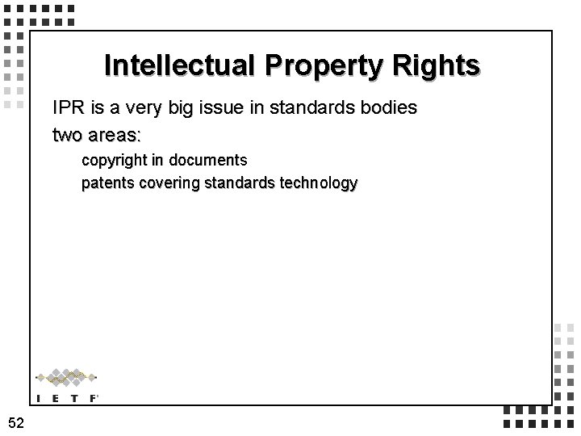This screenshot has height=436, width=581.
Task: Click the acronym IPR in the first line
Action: coord(68,107)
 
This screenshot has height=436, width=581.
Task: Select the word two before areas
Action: coord(68,134)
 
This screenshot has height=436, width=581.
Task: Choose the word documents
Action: coord(213,160)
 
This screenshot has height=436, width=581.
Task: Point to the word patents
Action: coord(107,183)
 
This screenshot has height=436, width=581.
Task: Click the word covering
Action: coord(169,183)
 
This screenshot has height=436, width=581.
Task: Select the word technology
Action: coord(317,183)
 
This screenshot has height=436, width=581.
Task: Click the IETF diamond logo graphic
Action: coord(67,376)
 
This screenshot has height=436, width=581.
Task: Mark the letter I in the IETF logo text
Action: coord(39,396)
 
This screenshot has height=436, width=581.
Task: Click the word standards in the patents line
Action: coord(239,183)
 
